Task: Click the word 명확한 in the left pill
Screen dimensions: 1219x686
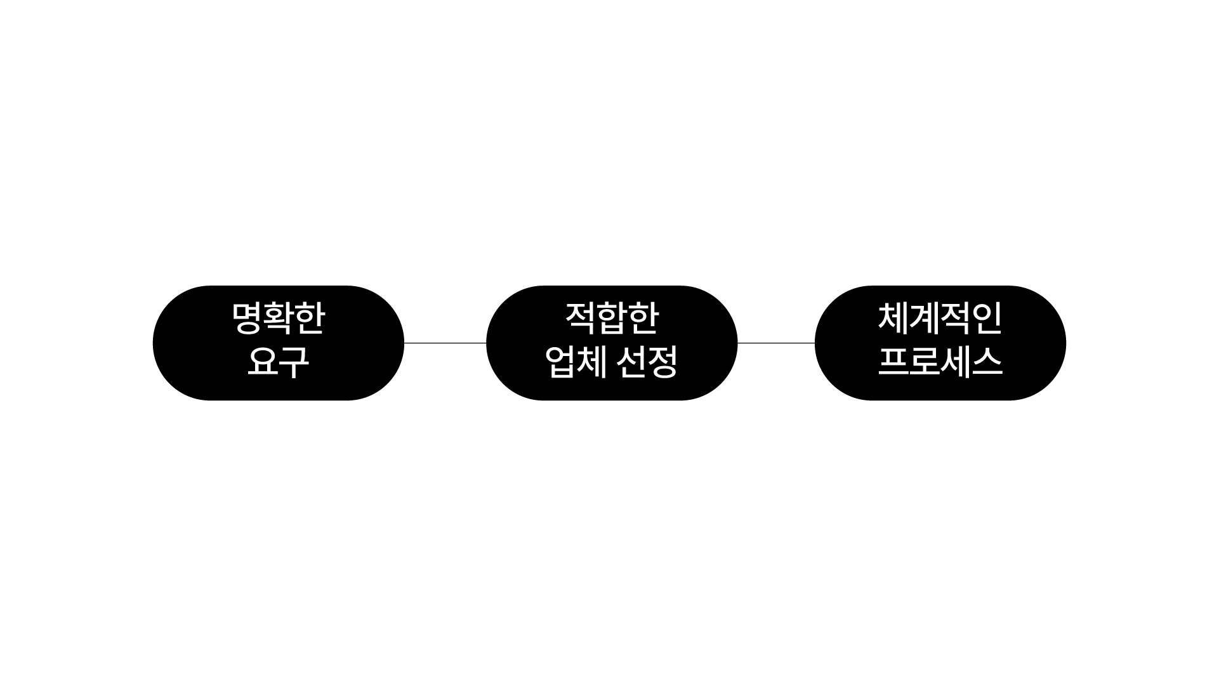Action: [x=279, y=319]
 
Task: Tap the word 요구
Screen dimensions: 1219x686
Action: [x=279, y=362]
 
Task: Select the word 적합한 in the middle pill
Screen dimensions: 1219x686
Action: [x=612, y=319]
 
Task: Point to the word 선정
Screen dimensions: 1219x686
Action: [x=647, y=362]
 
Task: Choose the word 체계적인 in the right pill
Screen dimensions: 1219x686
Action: [x=940, y=319]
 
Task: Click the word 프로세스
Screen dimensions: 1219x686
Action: [x=940, y=362]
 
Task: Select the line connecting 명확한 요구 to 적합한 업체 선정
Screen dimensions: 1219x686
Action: [x=445, y=343]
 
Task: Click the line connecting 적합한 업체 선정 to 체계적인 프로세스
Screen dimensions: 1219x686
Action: [x=776, y=343]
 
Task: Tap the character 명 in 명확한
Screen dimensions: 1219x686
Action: [x=247, y=319]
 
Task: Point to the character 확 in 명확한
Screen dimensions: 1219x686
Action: [x=279, y=319]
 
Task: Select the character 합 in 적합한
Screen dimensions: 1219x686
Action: [x=612, y=319]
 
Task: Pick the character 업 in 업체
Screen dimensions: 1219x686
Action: [x=560, y=362]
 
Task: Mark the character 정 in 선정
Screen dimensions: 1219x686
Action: [x=663, y=362]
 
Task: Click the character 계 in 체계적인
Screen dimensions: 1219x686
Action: [x=924, y=319]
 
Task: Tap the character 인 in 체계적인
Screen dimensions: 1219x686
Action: [x=987, y=319]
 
